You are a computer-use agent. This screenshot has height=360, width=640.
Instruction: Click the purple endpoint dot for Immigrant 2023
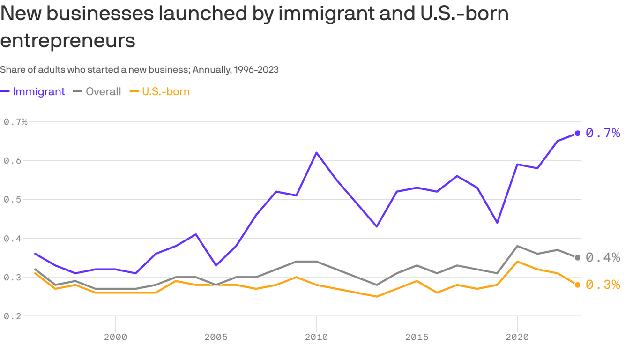click(578, 133)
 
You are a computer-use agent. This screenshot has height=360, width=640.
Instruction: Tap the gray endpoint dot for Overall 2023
click(578, 257)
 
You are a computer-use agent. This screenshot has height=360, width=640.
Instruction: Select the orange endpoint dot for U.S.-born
click(578, 285)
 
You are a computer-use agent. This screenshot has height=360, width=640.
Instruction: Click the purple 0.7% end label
click(603, 133)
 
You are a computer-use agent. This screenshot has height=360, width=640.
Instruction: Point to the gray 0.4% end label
click(603, 257)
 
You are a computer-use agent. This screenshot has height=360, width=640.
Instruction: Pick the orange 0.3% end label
click(603, 285)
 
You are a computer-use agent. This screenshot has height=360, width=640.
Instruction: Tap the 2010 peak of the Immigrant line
click(316, 152)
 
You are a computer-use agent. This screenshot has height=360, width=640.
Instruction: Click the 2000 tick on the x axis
click(115, 337)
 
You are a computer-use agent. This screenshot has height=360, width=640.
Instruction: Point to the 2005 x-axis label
click(216, 337)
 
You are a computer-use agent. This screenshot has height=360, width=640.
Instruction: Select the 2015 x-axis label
click(417, 337)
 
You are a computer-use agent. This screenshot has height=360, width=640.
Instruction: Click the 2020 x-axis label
click(517, 337)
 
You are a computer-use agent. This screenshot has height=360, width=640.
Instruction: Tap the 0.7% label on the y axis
click(15, 122)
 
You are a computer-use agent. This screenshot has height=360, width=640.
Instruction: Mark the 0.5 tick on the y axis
click(12, 200)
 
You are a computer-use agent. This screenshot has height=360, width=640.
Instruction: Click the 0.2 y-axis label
click(12, 316)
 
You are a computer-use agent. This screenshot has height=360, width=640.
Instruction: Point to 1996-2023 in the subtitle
click(256, 70)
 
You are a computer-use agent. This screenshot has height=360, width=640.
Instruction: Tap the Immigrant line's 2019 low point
click(497, 222)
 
